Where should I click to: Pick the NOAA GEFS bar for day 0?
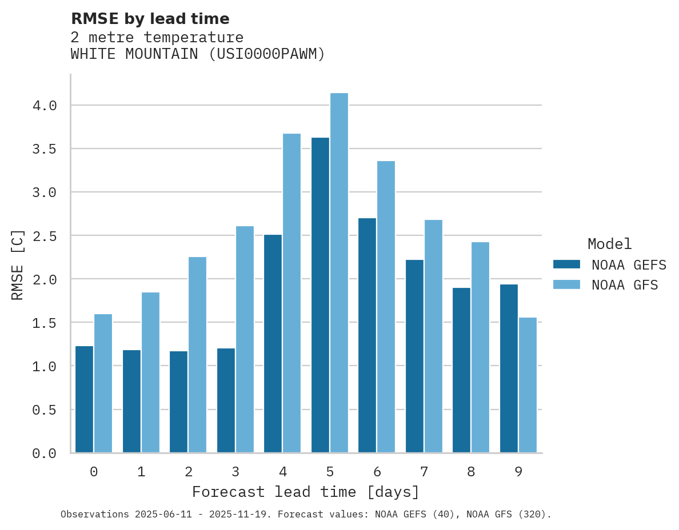coord(84,399)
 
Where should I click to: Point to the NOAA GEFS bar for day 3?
coord(226,400)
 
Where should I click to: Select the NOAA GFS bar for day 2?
coord(197,355)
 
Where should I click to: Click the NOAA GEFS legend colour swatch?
coord(566,264)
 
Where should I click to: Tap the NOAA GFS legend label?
coord(625,285)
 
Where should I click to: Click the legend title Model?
coord(609,244)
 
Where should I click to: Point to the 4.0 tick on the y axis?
coord(44,106)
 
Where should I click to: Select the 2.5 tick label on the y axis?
coord(44,236)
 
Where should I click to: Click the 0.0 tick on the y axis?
coord(44,453)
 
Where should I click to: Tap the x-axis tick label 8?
coord(471,472)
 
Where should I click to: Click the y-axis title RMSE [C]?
coord(18,264)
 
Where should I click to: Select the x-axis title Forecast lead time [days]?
coord(306,492)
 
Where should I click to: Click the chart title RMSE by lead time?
coord(150,19)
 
